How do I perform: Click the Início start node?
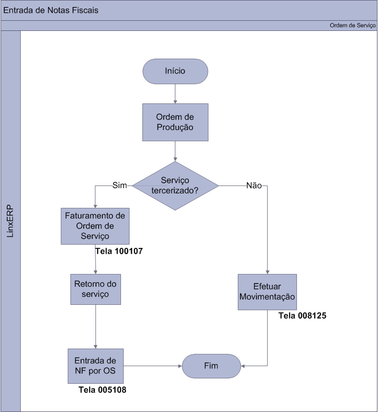(x=175, y=71)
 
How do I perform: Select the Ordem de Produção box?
(x=174, y=123)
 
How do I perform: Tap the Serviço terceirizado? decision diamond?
(x=175, y=185)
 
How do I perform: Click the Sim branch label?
(x=119, y=185)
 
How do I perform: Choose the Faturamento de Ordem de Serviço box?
(x=95, y=226)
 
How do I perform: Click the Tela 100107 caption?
(x=118, y=250)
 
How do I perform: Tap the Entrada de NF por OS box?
(x=95, y=366)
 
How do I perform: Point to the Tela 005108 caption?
(x=102, y=390)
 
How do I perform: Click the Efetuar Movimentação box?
(x=267, y=292)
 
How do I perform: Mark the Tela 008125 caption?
(x=302, y=316)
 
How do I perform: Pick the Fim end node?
(x=211, y=366)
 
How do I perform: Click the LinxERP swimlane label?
(x=11, y=221)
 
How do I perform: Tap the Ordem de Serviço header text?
(x=352, y=26)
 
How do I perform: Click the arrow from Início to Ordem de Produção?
(x=175, y=93)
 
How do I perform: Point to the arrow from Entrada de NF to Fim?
(x=152, y=366)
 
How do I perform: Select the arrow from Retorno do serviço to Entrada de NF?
(x=95, y=326)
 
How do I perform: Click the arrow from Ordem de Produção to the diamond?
(x=175, y=151)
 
